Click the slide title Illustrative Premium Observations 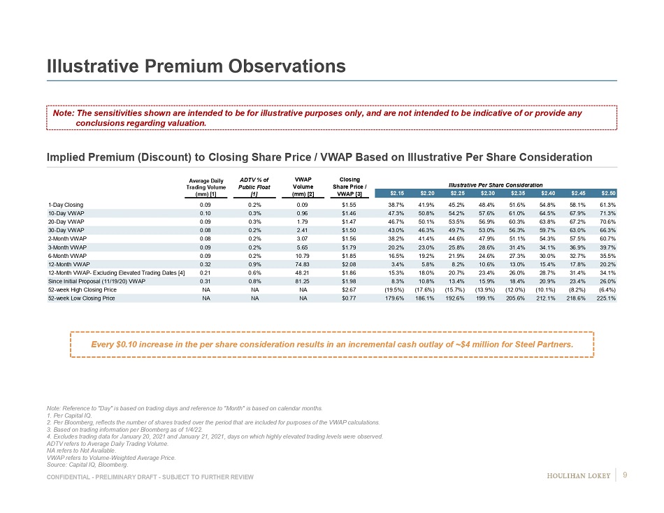point(196,66)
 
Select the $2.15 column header point(396,193)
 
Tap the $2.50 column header point(608,193)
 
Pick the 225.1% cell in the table point(606,298)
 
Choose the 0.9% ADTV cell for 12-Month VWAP point(254,263)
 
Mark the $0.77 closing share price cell point(349,298)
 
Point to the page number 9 point(624,476)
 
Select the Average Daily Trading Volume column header point(204,187)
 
